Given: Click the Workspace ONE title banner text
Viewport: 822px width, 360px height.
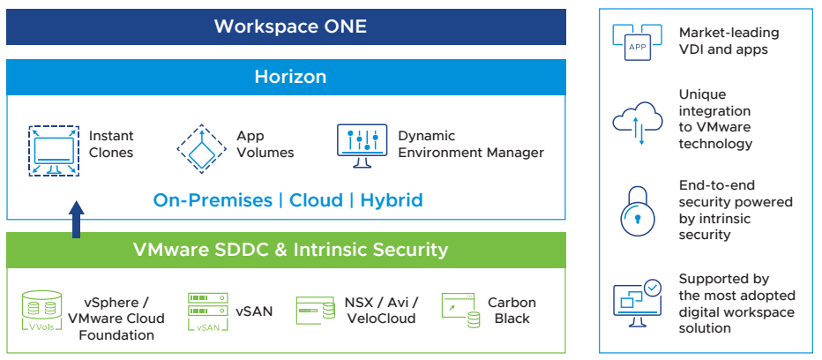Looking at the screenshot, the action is coord(290,26).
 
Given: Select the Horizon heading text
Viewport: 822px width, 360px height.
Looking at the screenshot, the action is coord(290,77).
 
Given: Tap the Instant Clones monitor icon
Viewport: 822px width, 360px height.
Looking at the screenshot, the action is coord(54,151).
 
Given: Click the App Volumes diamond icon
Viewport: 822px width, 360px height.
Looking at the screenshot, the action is coord(201,149).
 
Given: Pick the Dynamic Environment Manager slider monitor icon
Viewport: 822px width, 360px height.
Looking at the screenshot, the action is coord(362,146).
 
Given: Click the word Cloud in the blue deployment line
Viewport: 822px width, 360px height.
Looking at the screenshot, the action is coord(317,200).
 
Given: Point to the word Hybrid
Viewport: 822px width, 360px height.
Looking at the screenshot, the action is coord(392,200).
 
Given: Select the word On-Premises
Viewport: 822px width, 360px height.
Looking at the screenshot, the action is coord(213,200).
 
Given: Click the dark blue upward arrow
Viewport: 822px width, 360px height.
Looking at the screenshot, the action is coord(77,219).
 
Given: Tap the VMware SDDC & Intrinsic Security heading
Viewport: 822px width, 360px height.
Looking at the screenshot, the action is coord(291,250).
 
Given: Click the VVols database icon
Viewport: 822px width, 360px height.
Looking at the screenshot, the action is coord(42,311).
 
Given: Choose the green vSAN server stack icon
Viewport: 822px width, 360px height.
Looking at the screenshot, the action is coord(208,311).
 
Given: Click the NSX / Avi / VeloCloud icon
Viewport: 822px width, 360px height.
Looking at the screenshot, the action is coord(316,310).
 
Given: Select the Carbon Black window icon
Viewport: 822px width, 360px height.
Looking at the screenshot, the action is coord(460,310).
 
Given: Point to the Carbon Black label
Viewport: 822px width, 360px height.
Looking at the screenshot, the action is coord(512,310).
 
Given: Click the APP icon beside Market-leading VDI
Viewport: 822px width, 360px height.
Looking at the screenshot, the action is coord(638,42).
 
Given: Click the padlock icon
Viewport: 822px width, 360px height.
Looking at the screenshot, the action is coord(638,210).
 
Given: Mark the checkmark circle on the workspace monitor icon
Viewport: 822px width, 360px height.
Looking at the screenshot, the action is coord(653,288).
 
